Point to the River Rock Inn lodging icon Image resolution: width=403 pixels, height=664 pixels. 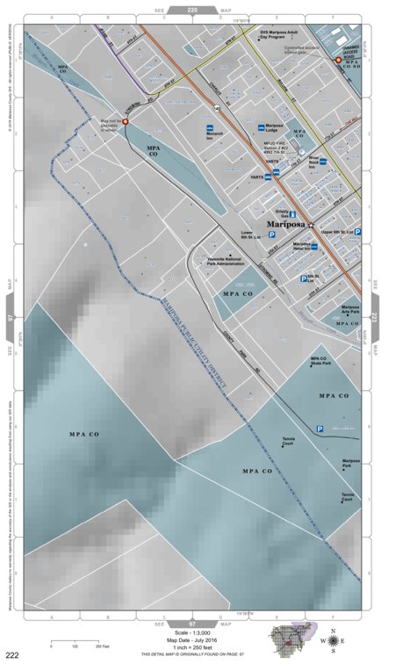pyautogui.click(x=323, y=162)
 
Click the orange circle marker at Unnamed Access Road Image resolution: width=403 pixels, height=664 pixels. pyautogui.click(x=338, y=60)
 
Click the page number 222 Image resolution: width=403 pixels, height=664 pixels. pyautogui.click(x=12, y=655)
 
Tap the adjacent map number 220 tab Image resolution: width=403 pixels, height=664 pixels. pyautogui.click(x=192, y=10)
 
